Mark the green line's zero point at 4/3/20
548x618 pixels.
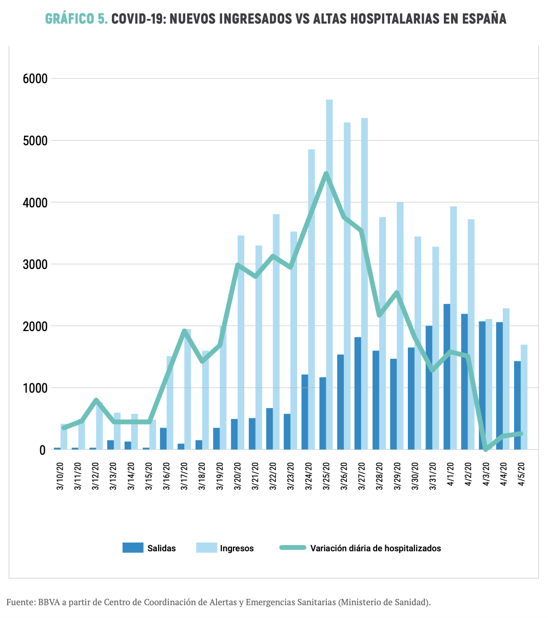point(485,449)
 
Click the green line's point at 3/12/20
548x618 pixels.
point(96,400)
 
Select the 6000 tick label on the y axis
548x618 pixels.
point(35,79)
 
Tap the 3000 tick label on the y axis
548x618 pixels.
point(35,265)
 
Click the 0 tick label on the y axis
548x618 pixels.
point(42,450)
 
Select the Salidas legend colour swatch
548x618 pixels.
point(132,548)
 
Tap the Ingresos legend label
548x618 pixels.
point(237,548)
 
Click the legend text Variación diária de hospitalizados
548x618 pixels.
point(375,548)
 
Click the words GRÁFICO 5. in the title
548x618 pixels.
point(76,19)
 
